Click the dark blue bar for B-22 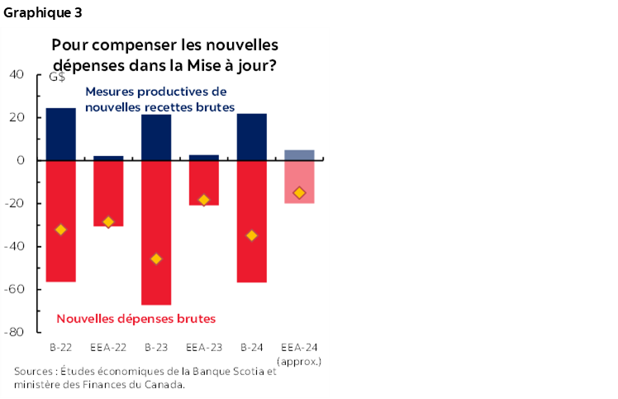point(60,134)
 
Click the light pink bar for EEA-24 point(299,182)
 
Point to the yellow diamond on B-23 point(156,259)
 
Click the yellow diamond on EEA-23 point(204,200)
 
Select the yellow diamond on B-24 point(252,235)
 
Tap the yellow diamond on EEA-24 point(299,192)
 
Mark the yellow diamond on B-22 point(60,230)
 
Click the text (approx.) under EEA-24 point(300,361)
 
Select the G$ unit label point(58,78)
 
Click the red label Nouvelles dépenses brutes point(135,318)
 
